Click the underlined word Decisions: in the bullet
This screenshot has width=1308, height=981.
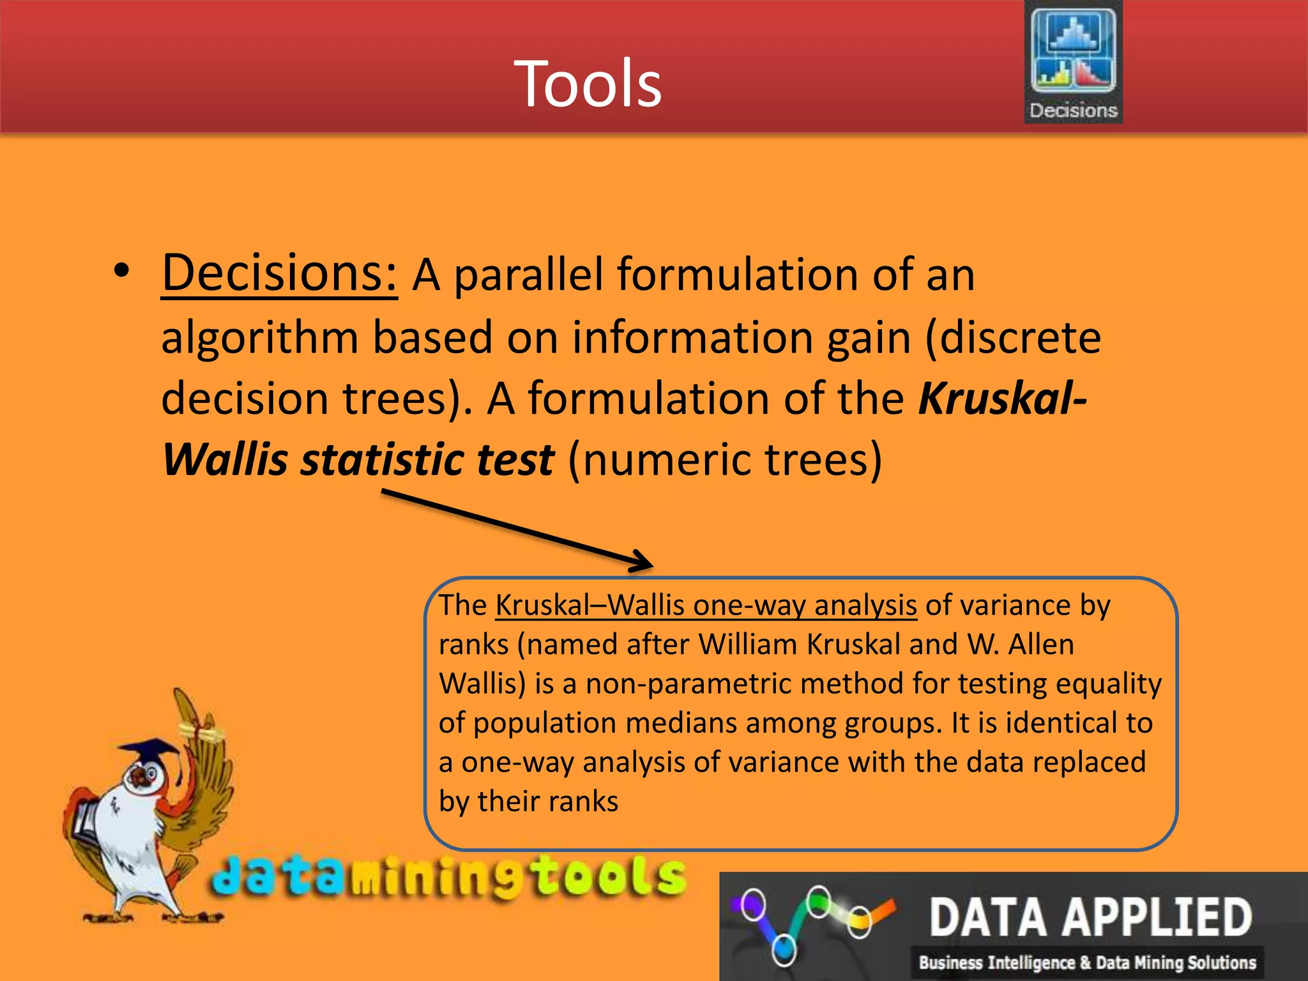(279, 273)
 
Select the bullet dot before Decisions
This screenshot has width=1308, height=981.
(121, 272)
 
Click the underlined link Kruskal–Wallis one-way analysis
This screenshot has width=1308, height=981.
(706, 605)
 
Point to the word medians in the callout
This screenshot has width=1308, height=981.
(681, 723)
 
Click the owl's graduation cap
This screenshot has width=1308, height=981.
(151, 749)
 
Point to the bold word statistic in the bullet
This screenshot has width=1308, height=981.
(382, 460)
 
